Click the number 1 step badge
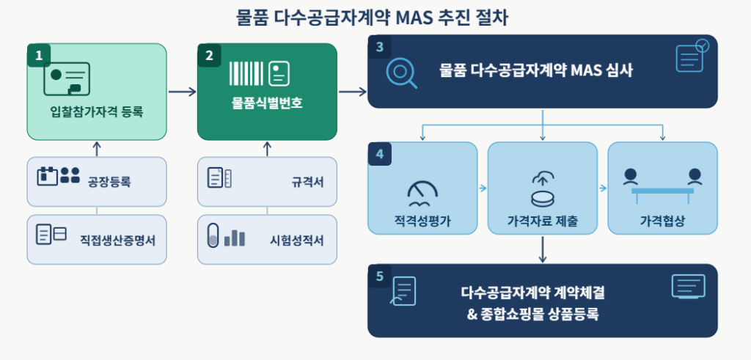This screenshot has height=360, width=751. pyautogui.click(x=39, y=55)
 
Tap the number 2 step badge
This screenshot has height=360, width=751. pyautogui.click(x=209, y=55)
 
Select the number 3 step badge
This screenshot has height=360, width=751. pyautogui.click(x=380, y=46)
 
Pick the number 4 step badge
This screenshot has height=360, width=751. pyautogui.click(x=380, y=154)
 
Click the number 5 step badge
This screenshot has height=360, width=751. pyautogui.click(x=380, y=276)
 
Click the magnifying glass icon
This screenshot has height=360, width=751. pyautogui.click(x=401, y=73)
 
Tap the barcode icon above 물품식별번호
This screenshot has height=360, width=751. pyautogui.click(x=246, y=74)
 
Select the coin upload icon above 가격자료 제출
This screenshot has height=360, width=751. pyautogui.click(x=542, y=189)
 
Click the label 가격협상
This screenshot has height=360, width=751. pyautogui.click(x=662, y=221)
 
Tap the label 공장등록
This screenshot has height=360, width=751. pyautogui.click(x=109, y=182)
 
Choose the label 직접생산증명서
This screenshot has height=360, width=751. pyautogui.click(x=118, y=240)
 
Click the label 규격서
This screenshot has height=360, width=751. pyautogui.click(x=307, y=182)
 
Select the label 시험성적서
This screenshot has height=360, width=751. pyautogui.click(x=297, y=240)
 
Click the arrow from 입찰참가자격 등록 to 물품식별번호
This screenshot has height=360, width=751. pyautogui.click(x=182, y=92)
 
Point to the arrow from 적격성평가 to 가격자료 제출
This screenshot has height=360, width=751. pyautogui.click(x=483, y=188)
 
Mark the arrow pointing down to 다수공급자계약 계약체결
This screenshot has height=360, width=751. pyautogui.click(x=542, y=249)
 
